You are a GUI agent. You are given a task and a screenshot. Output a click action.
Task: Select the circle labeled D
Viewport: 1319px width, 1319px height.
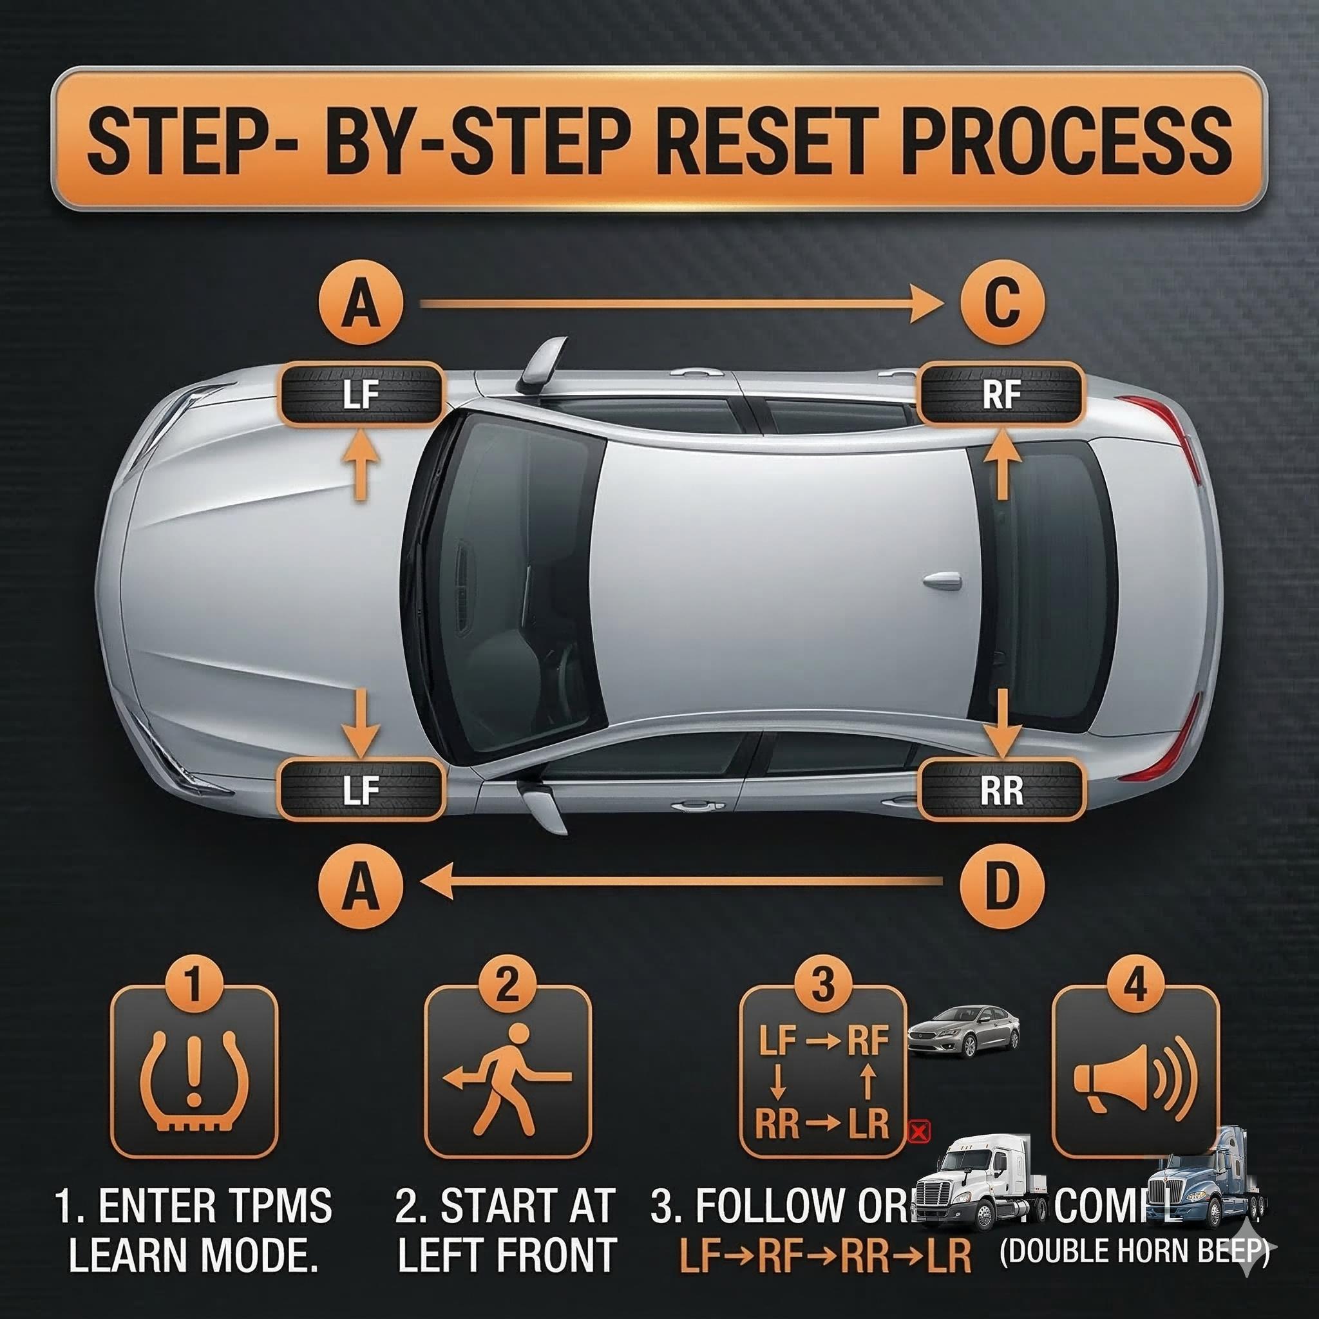1001,887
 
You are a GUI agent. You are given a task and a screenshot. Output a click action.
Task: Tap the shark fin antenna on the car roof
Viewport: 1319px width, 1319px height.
943,581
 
